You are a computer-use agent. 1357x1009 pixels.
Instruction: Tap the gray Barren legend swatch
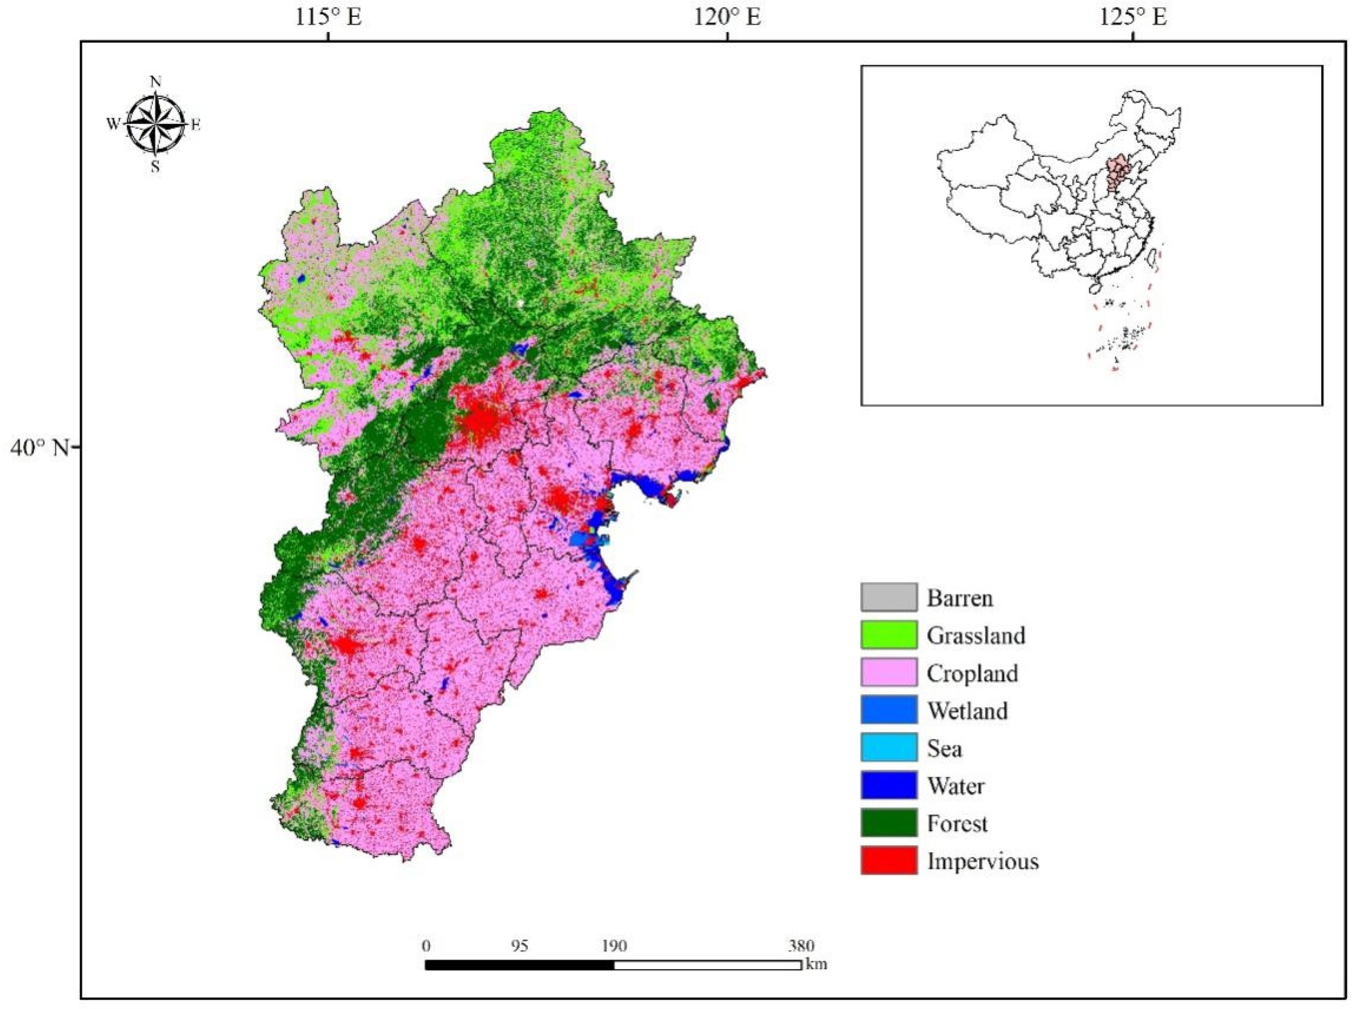point(889,597)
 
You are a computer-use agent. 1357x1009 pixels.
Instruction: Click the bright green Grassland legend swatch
point(889,635)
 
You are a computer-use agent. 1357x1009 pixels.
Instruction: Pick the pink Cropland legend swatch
point(889,672)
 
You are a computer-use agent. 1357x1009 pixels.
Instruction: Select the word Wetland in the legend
point(967,710)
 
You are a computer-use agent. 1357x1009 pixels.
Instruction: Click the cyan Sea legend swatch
point(889,747)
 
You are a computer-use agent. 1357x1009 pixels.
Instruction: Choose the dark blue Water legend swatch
point(889,786)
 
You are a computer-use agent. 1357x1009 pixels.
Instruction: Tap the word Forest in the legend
point(956,823)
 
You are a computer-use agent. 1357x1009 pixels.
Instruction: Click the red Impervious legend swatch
point(889,861)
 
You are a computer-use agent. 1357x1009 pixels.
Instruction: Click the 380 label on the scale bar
point(801,946)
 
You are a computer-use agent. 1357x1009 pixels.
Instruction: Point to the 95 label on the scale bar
point(519,946)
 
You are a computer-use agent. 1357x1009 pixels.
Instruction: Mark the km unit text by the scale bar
point(816,964)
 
